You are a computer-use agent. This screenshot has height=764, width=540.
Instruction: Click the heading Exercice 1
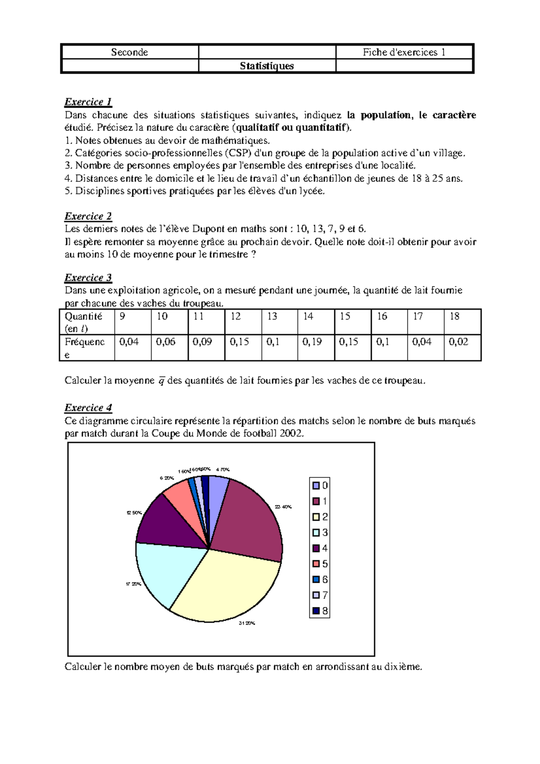point(88,102)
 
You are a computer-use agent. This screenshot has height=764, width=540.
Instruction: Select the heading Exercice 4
point(88,408)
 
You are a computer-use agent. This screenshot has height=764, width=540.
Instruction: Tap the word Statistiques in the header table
point(267,66)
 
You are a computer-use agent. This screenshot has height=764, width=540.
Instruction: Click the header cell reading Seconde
point(130,52)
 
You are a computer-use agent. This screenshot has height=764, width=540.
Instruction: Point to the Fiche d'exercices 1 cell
point(404,52)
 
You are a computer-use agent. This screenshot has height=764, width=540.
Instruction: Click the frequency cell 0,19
point(312,342)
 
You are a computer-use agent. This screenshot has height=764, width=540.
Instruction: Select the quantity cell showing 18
point(454,317)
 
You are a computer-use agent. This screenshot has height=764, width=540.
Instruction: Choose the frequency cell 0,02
point(459,342)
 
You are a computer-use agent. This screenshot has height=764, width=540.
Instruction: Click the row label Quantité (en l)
point(84,322)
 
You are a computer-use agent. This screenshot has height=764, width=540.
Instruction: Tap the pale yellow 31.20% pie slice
point(225,585)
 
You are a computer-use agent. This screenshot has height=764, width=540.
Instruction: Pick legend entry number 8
point(320,611)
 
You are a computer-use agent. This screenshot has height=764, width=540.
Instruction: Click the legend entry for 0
point(320,485)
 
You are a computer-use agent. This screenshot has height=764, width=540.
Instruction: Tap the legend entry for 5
point(320,564)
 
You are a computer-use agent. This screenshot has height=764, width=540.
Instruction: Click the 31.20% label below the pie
point(247,624)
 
